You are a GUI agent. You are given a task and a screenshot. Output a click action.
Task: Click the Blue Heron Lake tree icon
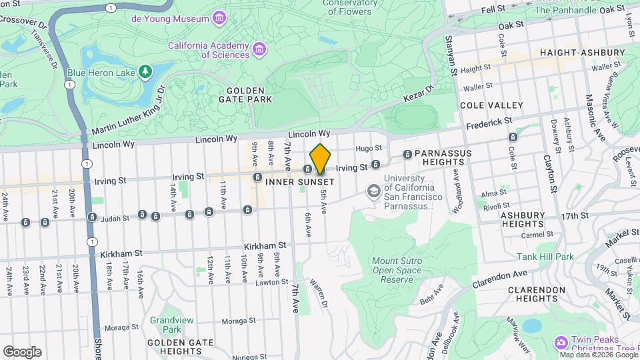pos(145,71)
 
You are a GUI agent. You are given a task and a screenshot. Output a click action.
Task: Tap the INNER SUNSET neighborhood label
pos(299,182)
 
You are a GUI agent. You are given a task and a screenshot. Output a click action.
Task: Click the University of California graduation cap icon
pos(374,191)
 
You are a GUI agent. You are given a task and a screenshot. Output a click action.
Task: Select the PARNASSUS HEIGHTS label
pos(443,158)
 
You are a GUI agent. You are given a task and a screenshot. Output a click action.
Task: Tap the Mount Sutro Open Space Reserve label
pos(397,270)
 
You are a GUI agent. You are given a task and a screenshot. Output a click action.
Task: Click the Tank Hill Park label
pos(545,257)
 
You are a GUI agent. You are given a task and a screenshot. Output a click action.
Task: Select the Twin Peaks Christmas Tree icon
pos(561,343)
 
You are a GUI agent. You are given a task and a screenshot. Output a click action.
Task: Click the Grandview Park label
pos(165,325)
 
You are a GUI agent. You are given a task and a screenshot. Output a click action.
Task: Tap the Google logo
pos(23,351)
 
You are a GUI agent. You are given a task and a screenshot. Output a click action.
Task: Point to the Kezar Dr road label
pos(418,94)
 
